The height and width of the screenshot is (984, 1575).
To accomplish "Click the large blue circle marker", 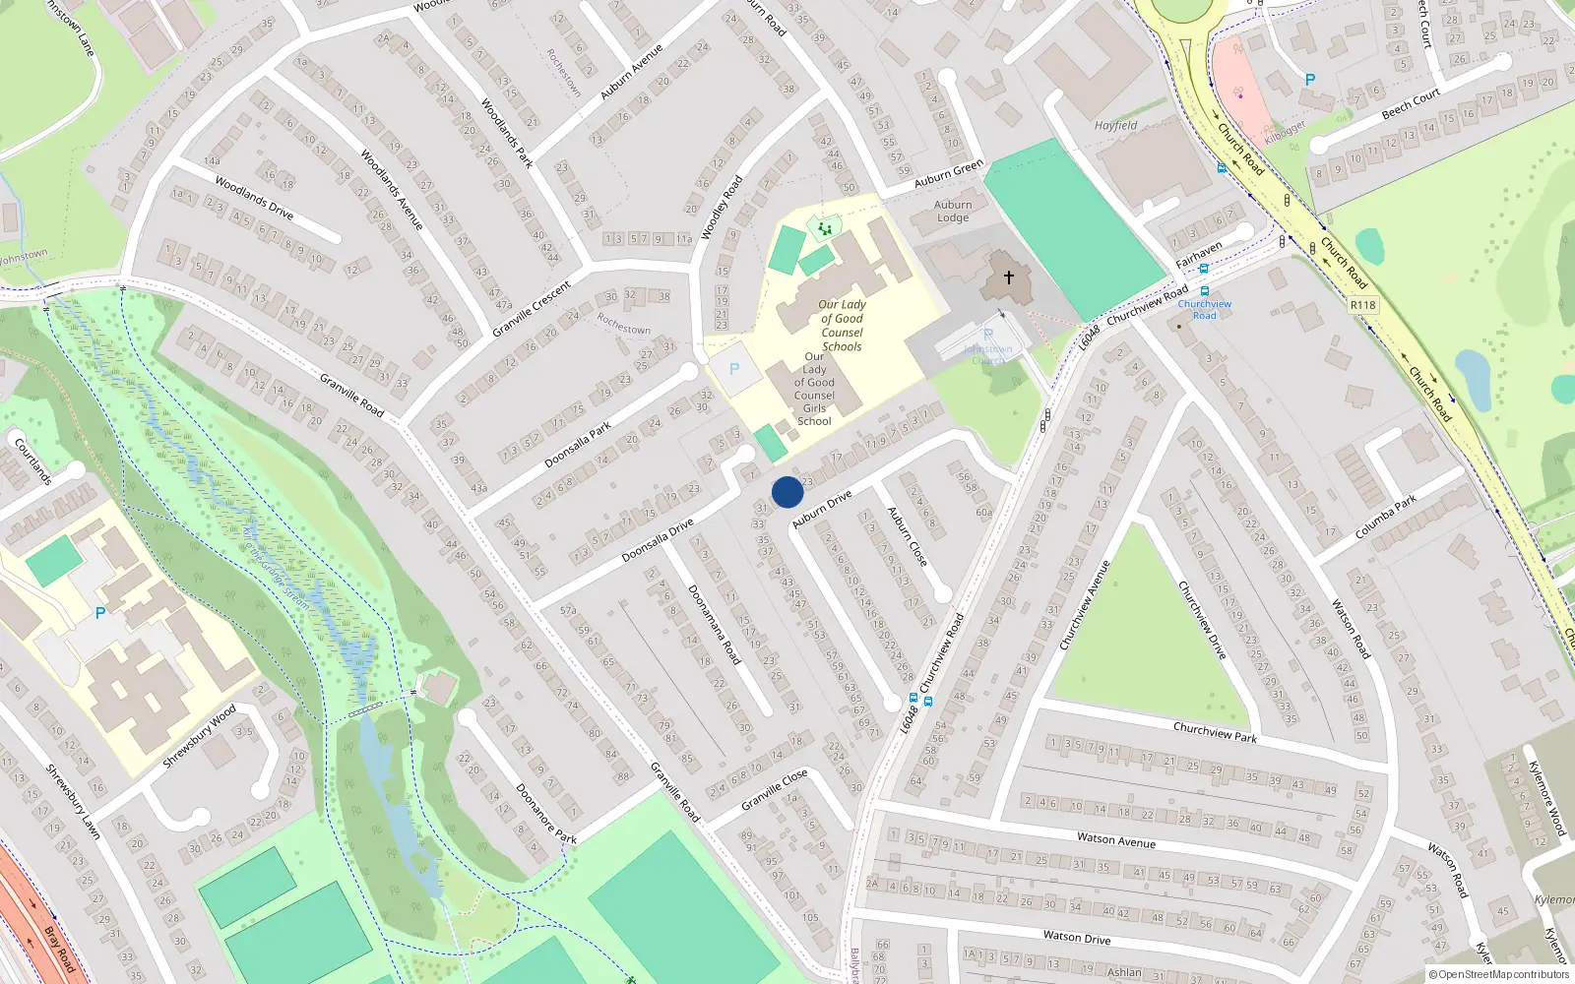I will click(787, 492).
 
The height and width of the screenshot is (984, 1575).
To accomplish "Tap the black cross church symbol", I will click(1008, 277).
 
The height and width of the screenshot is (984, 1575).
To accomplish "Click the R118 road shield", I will click(1362, 305).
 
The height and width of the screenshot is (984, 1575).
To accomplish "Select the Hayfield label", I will click(1115, 126).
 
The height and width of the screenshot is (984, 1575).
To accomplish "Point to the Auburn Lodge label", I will click(953, 212).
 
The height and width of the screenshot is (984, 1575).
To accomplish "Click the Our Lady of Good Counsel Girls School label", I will click(814, 389).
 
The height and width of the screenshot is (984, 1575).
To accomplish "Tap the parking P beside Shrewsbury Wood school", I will click(99, 613).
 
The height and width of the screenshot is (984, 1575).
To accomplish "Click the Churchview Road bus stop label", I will click(1204, 309).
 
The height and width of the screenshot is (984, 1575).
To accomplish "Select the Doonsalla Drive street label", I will click(658, 541).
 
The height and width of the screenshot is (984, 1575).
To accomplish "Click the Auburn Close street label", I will click(907, 536).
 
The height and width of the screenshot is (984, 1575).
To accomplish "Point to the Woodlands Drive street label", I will click(254, 198).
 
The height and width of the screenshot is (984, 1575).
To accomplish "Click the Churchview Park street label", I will click(1215, 732).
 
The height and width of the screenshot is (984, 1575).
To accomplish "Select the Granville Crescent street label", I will click(532, 309).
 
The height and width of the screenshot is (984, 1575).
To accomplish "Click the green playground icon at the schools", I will click(824, 228).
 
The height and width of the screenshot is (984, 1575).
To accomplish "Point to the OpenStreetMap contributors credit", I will click(1498, 974).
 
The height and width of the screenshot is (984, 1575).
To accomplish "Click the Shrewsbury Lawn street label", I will click(74, 802).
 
